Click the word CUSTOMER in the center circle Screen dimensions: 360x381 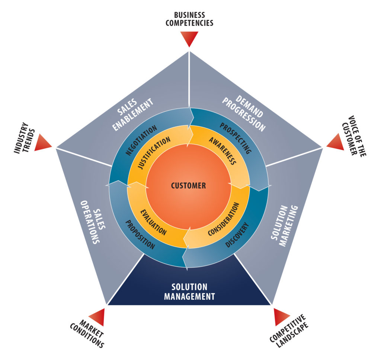click(188, 185)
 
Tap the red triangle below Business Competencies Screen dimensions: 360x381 click(189, 38)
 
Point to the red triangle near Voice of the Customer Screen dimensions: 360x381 click(336, 143)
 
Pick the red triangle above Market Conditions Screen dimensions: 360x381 click(97, 316)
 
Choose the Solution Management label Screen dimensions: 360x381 click(189, 292)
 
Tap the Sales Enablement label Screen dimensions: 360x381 click(133, 114)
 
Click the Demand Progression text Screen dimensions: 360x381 click(243, 113)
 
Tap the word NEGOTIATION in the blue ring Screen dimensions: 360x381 click(140, 142)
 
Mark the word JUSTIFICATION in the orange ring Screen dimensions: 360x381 click(154, 153)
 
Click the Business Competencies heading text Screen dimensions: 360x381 click(189, 19)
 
